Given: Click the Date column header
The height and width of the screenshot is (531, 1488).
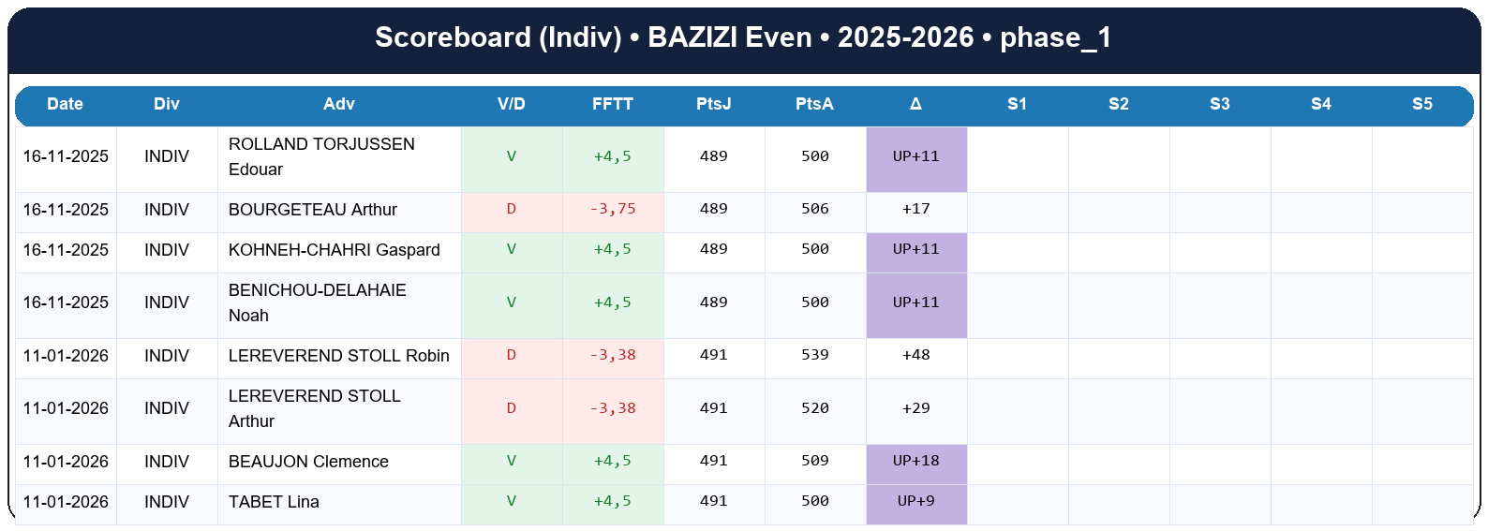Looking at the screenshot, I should coord(65,104).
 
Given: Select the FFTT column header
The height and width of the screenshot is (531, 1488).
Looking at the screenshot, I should coord(612,104).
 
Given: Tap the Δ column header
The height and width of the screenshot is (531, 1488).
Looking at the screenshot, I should coord(915,104).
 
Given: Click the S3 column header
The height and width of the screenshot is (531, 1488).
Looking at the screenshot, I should coord(1219,104).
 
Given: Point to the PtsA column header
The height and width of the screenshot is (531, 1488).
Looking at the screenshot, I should coord(814,104).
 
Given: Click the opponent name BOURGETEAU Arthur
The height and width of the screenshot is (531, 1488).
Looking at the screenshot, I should coord(313,210).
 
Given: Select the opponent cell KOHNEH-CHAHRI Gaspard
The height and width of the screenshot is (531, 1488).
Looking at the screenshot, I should coord(334,250).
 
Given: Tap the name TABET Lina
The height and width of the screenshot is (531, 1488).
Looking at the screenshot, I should coord(274,502).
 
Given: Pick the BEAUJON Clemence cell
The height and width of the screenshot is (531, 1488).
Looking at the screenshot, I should coord(308,462).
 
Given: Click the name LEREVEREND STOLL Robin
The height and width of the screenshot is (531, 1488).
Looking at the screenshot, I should coord(338,356).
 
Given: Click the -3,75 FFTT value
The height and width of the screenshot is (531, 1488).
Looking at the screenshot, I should coord(613,209).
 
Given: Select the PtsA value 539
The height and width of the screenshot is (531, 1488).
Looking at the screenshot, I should coord(814,355).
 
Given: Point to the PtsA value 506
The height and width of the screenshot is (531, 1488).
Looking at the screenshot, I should coord(814,209).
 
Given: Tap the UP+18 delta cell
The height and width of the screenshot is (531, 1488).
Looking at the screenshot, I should coord(915,461).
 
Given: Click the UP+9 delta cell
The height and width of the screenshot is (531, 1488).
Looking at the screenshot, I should coord(915,501).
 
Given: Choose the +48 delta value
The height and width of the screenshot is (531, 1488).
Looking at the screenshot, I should coord(915,355).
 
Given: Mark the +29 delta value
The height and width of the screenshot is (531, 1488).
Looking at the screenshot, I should coord(915,408).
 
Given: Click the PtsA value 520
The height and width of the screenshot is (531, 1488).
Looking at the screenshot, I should coord(814,408).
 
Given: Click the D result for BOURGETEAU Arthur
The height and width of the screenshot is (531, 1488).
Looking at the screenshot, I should coord(511,209).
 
